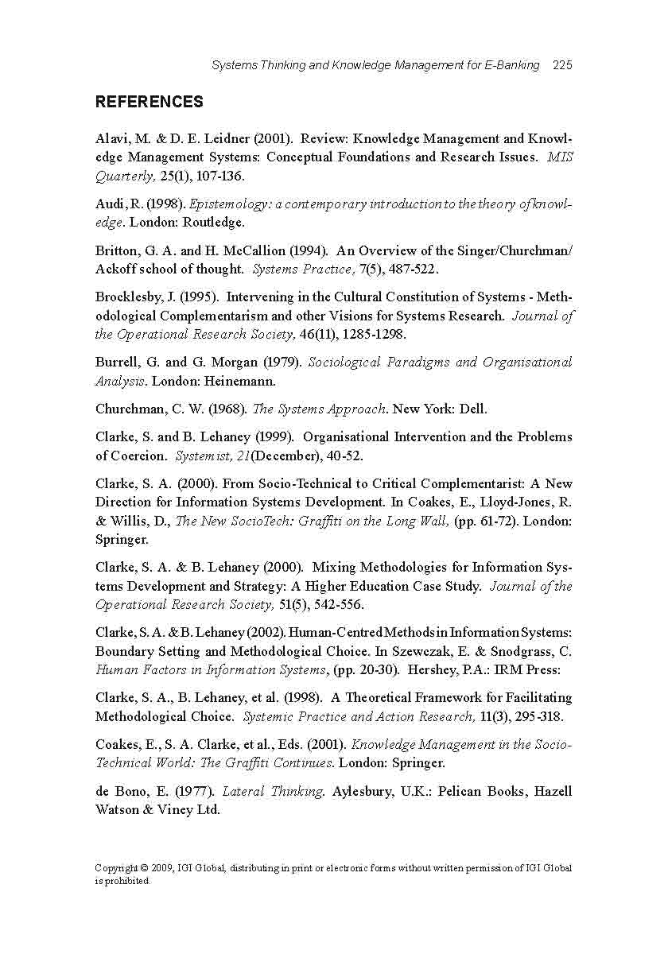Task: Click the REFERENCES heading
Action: pyautogui.click(x=149, y=102)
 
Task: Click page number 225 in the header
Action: pyautogui.click(x=562, y=65)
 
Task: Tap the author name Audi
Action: pyautogui.click(x=110, y=204)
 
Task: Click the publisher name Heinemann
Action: pyautogui.click(x=243, y=381)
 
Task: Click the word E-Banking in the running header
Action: pyautogui.click(x=511, y=65)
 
